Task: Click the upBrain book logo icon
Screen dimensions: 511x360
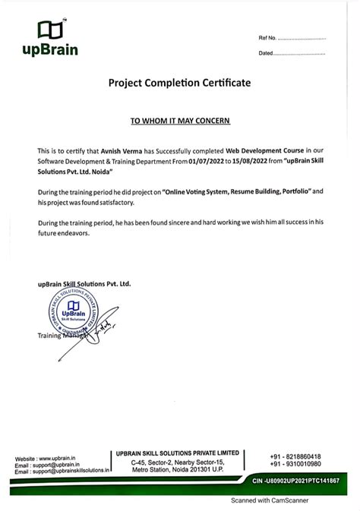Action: tap(47, 30)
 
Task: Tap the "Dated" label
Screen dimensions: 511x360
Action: tap(266, 53)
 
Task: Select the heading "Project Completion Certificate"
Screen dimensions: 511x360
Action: tap(179, 82)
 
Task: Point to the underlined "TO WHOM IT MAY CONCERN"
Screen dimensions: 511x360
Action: tap(180, 121)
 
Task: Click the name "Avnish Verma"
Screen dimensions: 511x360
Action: tap(124, 151)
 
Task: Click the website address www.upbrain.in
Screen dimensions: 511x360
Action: tap(65, 459)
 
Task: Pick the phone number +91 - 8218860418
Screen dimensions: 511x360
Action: tap(295, 456)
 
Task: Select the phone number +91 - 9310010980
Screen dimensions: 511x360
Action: tap(295, 464)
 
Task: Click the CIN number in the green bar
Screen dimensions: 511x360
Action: tap(295, 481)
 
